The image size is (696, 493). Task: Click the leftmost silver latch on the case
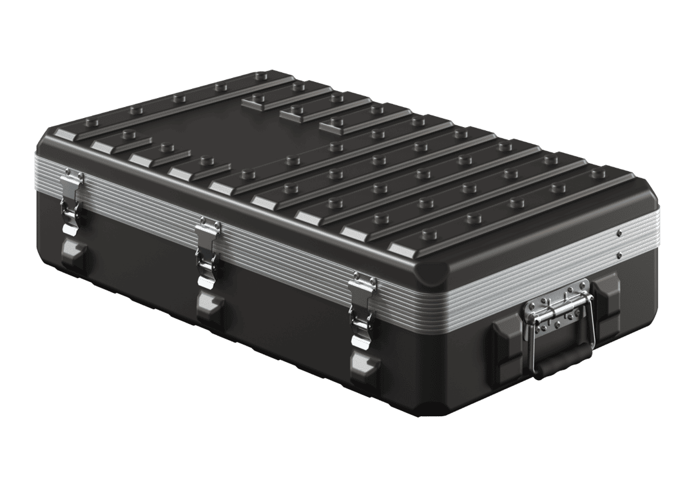click(72, 197)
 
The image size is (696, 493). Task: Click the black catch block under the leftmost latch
click(72, 255)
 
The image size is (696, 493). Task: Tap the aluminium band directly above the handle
click(554, 274)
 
